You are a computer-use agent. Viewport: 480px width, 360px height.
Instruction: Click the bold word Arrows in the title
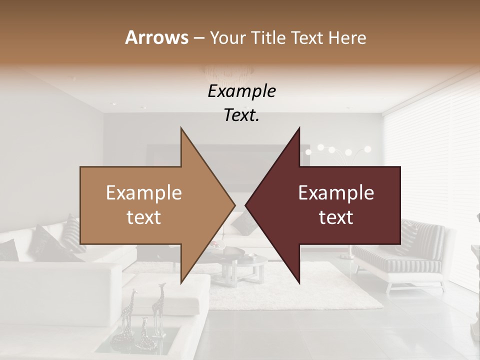coord(157,37)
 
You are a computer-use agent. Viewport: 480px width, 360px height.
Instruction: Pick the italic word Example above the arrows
coord(241,91)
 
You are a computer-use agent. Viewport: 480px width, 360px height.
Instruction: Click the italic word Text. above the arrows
coord(241,115)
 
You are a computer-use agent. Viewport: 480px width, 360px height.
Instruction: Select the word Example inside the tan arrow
coord(144,192)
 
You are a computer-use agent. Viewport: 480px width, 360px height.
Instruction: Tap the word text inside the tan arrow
coord(144,217)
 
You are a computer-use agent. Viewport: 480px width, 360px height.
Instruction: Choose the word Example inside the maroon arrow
coord(336,192)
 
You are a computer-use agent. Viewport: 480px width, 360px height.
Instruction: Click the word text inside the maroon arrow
coord(336,217)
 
